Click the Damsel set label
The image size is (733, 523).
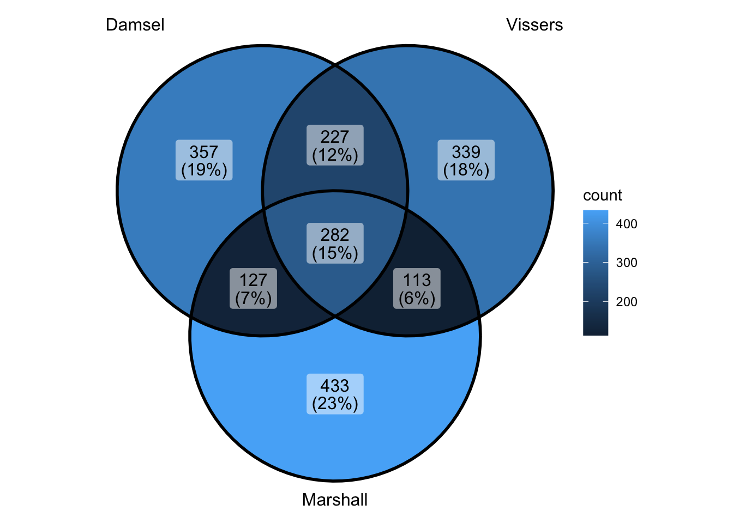[135, 25]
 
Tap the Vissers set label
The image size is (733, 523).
[534, 25]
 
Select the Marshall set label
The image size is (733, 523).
[334, 500]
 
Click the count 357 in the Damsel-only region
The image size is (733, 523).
[204, 152]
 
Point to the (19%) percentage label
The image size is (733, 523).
[204, 170]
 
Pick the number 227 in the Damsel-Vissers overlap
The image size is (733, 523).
[335, 137]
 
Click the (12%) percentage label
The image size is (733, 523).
[335, 155]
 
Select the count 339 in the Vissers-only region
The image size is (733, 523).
[466, 152]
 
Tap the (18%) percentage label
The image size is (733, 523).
[466, 170]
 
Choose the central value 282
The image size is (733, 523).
[335, 235]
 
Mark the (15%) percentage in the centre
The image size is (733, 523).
[335, 253]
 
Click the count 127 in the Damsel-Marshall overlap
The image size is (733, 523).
[253, 280]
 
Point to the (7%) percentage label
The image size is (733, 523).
[253, 298]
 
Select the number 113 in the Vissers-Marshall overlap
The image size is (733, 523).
[417, 280]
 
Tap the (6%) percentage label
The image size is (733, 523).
[417, 298]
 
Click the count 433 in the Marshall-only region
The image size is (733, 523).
[335, 386]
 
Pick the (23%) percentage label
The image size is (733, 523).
[335, 404]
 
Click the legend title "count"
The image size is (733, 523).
[602, 196]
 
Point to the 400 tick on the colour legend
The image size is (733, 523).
[626, 224]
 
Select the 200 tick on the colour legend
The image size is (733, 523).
[626, 302]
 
